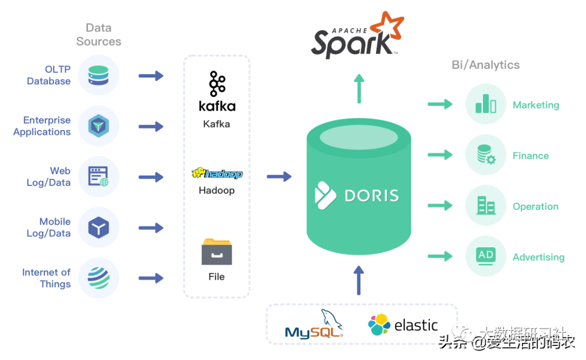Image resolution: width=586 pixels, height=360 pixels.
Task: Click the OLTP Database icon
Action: pyautogui.click(x=98, y=75)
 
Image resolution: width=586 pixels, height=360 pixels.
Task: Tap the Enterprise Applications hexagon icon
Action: pyautogui.click(x=98, y=126)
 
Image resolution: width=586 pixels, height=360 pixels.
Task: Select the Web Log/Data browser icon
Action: pyautogui.click(x=98, y=177)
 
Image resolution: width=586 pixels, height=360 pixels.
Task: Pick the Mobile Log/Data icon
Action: pyautogui.click(x=98, y=228)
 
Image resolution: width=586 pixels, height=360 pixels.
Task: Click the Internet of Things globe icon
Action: pyautogui.click(x=98, y=278)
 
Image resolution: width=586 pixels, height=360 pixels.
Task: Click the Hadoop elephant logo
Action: pyautogui.click(x=216, y=173)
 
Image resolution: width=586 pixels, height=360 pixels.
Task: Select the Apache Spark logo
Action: pyautogui.click(x=358, y=37)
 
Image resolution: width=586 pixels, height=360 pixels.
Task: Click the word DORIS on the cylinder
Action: pyautogui.click(x=372, y=195)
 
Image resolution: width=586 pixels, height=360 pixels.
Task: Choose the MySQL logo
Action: pyautogui.click(x=314, y=325)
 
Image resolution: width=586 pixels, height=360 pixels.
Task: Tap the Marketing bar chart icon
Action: pyautogui.click(x=486, y=104)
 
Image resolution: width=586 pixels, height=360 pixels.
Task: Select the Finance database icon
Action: pyautogui.click(x=486, y=155)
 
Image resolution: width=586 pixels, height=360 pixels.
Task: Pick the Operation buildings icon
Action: pyautogui.click(x=486, y=205)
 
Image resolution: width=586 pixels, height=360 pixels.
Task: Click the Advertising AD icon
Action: pyautogui.click(x=486, y=256)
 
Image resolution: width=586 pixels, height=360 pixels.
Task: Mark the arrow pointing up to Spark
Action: pyautogui.click(x=358, y=88)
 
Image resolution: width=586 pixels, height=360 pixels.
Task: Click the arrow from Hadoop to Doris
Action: pyautogui.click(x=279, y=176)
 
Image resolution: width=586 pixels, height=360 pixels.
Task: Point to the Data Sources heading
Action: pyautogui.click(x=98, y=35)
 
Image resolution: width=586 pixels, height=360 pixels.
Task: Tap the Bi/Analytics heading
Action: pyautogui.click(x=485, y=65)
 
